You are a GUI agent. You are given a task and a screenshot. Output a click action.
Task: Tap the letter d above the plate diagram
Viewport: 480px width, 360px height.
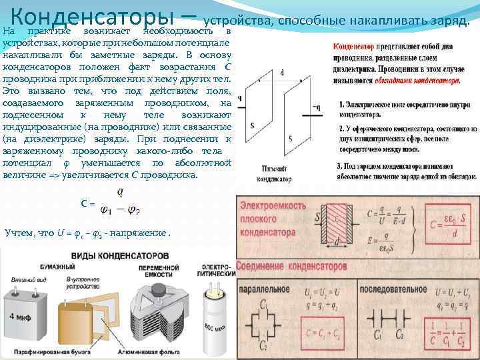click(x=283, y=72)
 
